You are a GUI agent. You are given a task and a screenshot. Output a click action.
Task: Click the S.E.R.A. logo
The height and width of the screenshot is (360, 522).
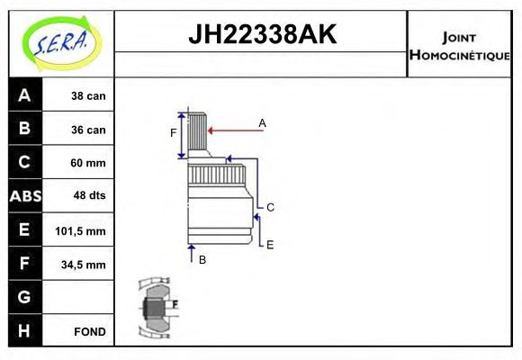coord(58,42)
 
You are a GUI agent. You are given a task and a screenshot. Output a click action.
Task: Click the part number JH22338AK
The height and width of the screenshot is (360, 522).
coord(261,34)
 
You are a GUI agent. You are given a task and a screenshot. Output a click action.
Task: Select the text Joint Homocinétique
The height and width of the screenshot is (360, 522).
coord(460,45)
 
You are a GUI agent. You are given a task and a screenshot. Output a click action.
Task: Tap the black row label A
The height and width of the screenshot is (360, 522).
coord(24,95)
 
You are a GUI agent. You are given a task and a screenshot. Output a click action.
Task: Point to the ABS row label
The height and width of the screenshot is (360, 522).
coord(24,196)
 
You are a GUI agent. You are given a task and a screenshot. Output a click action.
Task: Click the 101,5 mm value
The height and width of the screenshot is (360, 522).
coord(81,230)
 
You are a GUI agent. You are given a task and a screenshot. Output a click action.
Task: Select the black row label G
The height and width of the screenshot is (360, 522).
coord(24,297)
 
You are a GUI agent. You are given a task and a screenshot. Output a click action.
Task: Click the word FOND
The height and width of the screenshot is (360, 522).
coord(91,331)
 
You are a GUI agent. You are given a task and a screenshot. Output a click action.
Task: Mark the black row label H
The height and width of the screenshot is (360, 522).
coord(24,331)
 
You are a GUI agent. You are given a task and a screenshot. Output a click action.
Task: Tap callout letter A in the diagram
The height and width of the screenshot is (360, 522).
coord(263,121)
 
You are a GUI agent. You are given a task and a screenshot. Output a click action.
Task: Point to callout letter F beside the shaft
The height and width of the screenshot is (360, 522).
coord(174,133)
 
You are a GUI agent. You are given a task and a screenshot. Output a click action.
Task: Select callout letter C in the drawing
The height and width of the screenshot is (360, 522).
coord(270,207)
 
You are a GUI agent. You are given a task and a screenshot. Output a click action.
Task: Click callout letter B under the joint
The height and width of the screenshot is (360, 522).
coord(202,259)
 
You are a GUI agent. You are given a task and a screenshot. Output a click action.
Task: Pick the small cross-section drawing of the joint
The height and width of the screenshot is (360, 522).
coord(157,308)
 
